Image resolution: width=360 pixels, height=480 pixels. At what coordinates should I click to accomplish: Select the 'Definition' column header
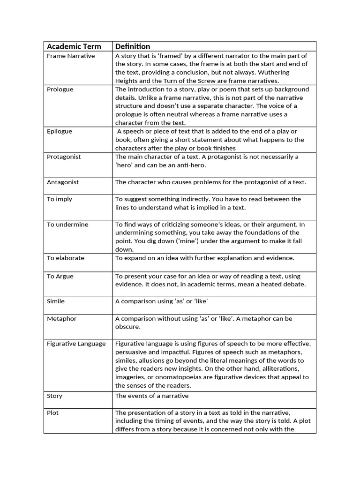[133, 46]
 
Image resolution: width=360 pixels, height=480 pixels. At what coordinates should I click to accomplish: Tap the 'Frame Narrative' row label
[71, 56]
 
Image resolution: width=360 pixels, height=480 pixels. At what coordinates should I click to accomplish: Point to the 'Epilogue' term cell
[60, 131]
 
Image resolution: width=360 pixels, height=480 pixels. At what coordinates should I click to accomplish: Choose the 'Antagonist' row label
[63, 182]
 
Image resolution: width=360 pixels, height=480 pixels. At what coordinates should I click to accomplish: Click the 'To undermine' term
[67, 225]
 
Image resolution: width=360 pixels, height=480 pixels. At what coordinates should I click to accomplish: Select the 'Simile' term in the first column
[56, 301]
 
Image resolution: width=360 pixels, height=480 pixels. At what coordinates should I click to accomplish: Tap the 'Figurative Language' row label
[76, 344]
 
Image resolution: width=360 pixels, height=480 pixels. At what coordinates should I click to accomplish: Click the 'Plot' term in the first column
[53, 413]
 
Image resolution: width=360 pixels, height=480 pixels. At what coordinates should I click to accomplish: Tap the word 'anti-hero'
[187, 165]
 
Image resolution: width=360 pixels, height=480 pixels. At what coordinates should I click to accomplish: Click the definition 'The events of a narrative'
[152, 396]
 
